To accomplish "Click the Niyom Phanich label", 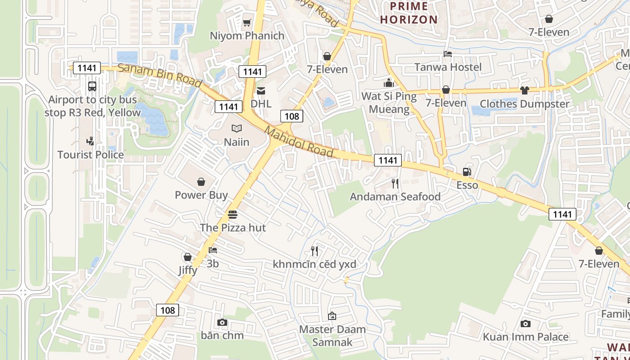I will coord(247,36).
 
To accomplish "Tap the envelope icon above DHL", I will coord(261,91).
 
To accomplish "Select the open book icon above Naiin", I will coord(237,129).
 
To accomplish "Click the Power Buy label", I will coord(201,195).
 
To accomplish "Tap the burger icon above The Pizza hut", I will coord(233,214).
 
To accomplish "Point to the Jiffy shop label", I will coord(188,270).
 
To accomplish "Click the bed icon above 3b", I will coord(213,250).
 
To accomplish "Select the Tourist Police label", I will coord(90,155).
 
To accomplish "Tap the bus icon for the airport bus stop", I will coord(92,86).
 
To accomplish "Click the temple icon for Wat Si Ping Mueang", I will coord(389,83).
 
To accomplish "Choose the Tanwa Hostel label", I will coord(448,67).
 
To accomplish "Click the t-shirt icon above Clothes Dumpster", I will coord(524,90).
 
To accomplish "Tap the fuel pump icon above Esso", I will coord(467,172).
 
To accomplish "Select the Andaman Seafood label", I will coord(395,197).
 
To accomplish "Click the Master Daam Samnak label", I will coord(332,335).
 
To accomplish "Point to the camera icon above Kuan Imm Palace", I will coord(525,324).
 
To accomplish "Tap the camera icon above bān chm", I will coord(222,322).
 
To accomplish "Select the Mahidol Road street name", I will coord(299,142).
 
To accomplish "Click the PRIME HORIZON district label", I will coord(409,13).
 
